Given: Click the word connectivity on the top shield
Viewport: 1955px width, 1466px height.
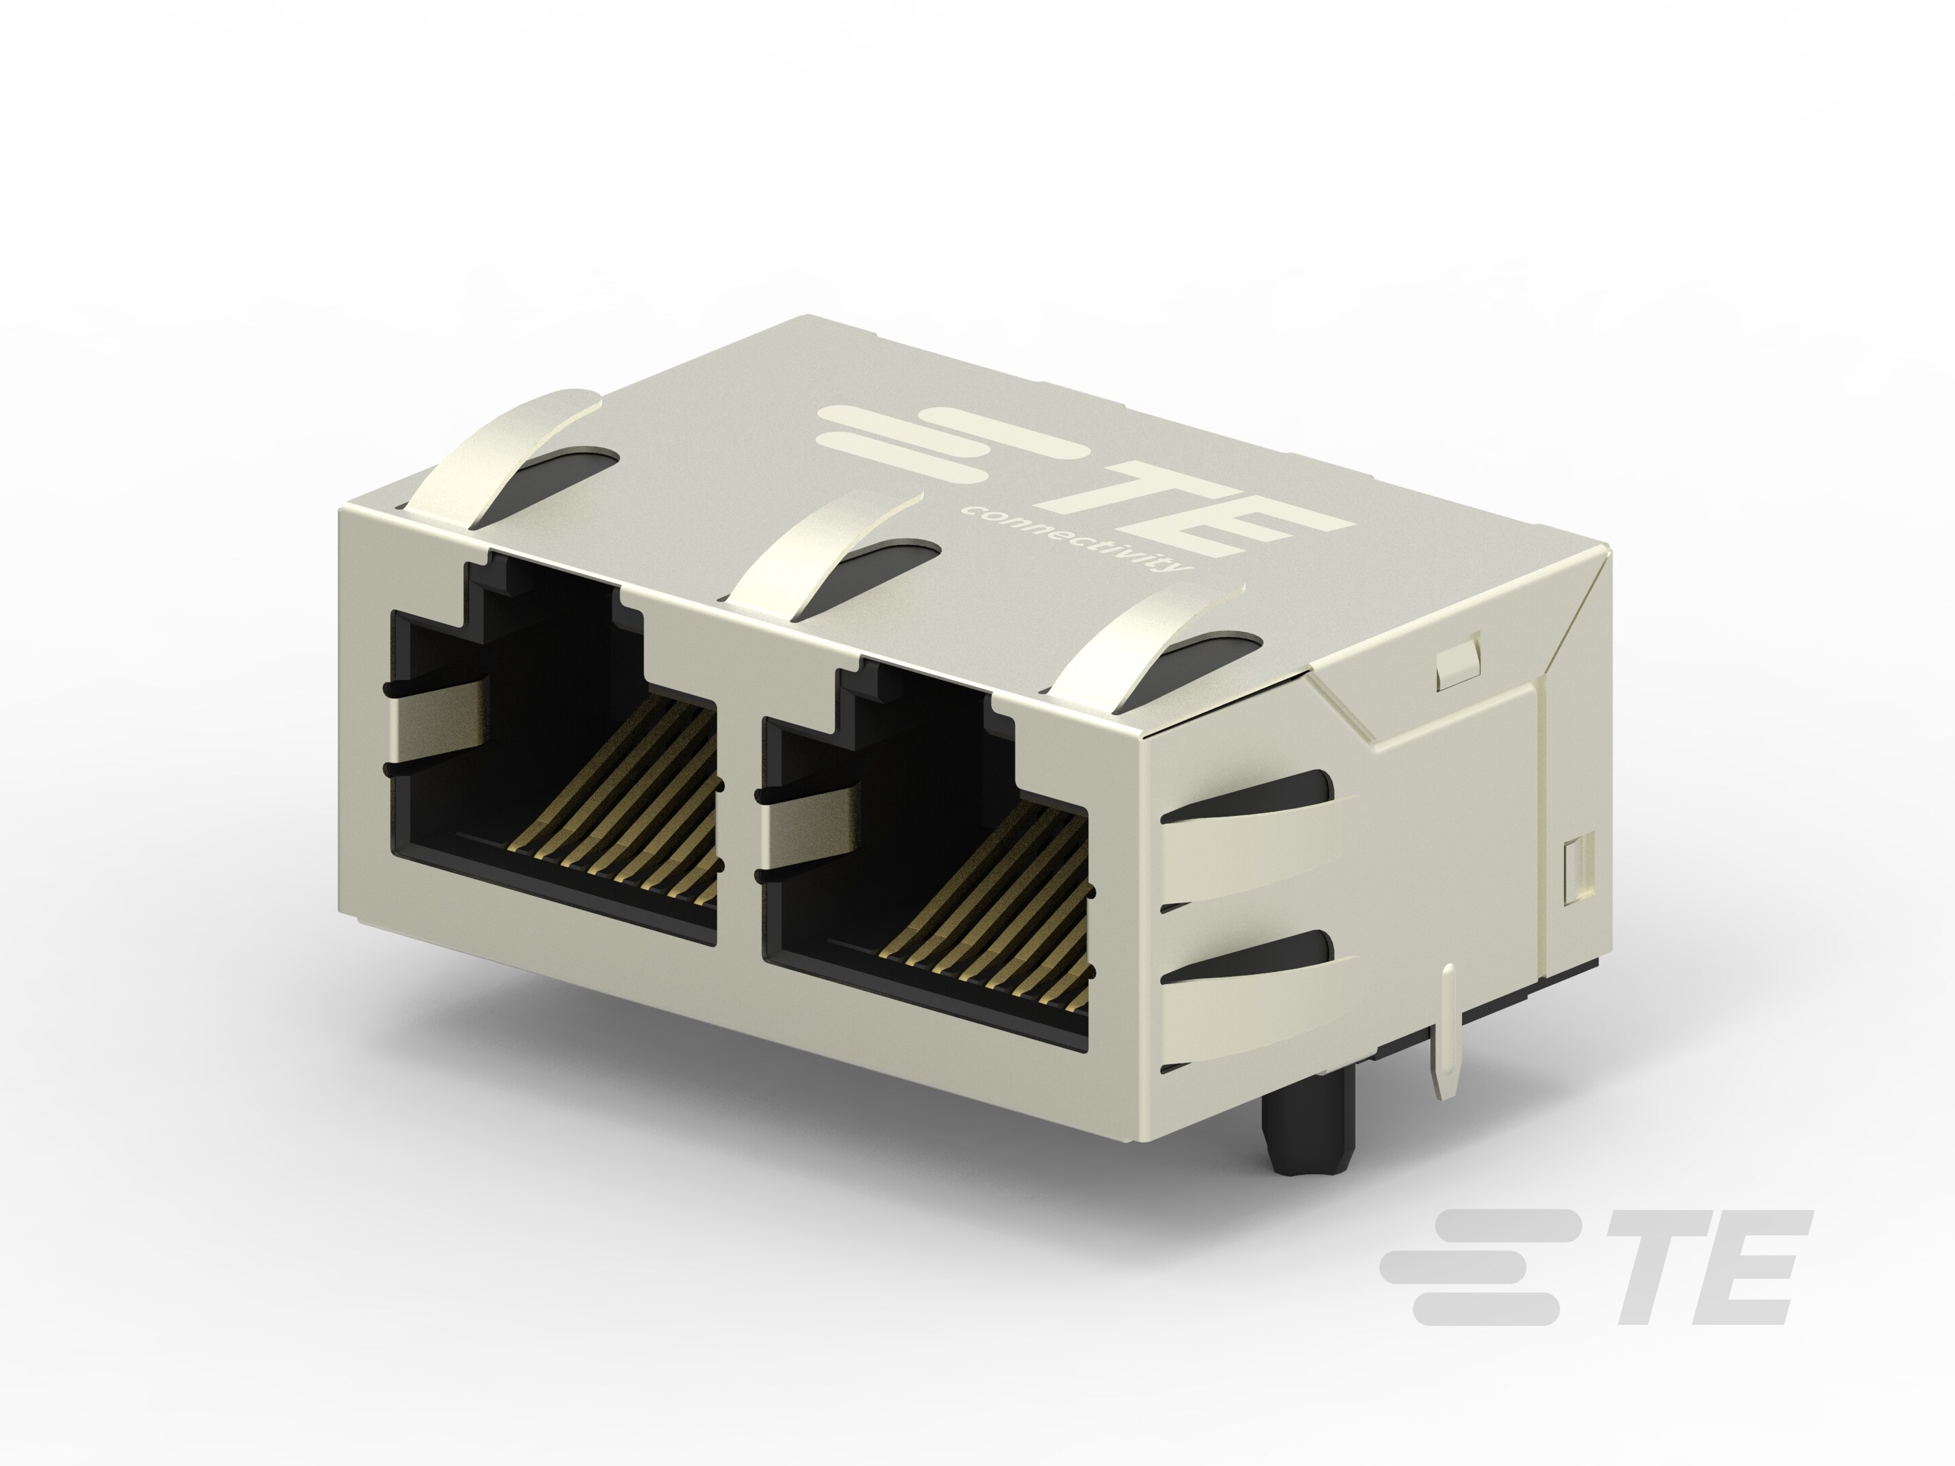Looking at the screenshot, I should click(x=1074, y=539).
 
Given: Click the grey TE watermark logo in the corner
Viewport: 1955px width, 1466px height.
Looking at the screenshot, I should click(x=1591, y=1268).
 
